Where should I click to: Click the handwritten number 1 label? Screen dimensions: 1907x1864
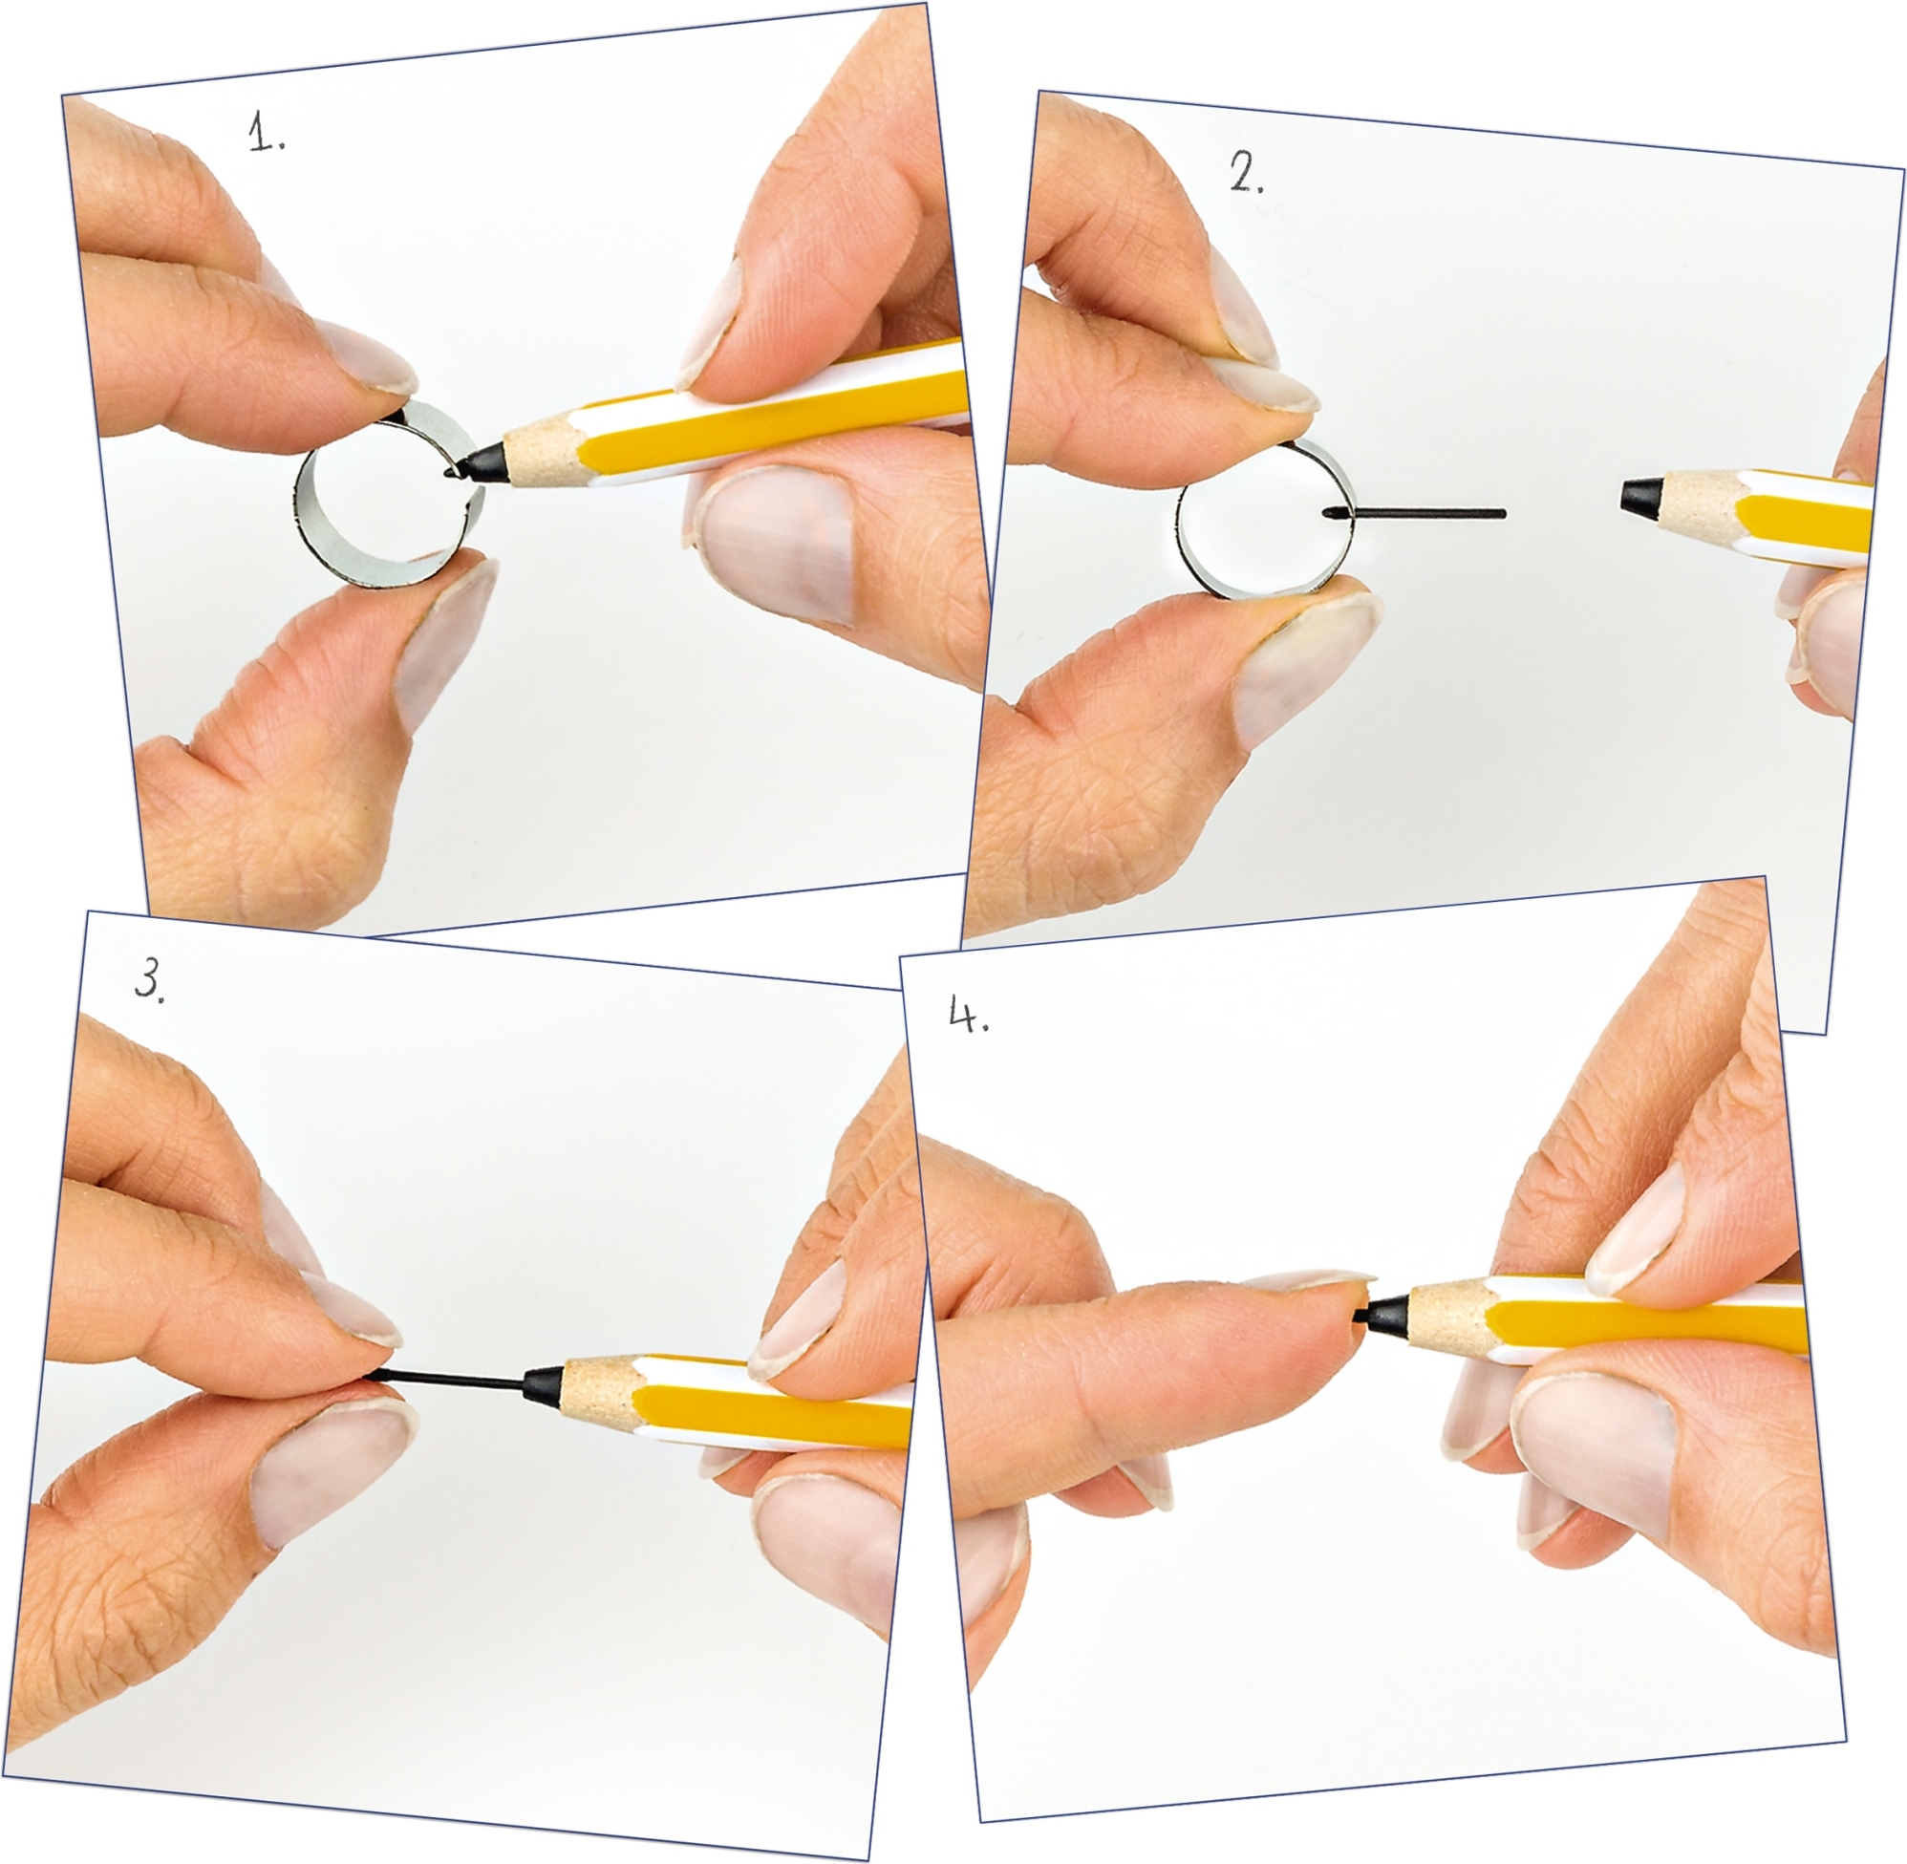[266, 132]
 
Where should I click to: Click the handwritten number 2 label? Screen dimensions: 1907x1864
[1245, 173]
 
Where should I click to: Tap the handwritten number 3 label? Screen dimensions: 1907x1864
[149, 979]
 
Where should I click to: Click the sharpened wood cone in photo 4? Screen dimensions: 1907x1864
[1446, 1313]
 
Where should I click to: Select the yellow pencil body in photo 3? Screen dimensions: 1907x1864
[773, 1400]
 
